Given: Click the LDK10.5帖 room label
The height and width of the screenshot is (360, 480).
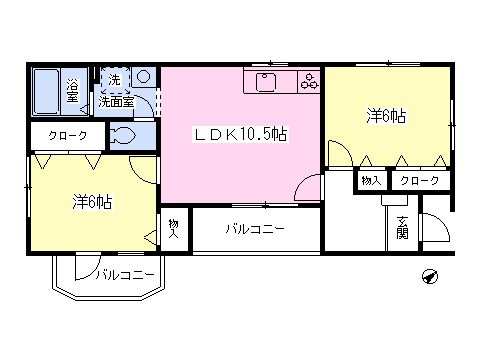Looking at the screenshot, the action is click(240, 134).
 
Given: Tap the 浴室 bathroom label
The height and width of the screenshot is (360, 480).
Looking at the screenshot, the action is click(72, 91).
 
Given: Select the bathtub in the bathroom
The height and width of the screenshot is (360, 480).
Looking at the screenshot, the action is click(46, 91).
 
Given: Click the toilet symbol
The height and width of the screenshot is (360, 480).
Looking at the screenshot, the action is click(122, 136).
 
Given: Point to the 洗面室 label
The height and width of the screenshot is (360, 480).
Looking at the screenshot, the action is click(116, 101).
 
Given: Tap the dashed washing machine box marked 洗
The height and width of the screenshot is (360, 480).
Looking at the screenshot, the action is click(115, 80).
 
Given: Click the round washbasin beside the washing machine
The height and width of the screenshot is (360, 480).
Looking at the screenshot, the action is click(144, 77).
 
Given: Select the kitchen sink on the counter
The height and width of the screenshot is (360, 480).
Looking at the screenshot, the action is click(265, 82).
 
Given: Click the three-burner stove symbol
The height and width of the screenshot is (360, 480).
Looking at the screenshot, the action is click(309, 82).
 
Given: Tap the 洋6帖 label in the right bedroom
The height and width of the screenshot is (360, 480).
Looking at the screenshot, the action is click(387, 117).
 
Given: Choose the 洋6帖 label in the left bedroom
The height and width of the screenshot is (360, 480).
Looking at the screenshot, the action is click(92, 202).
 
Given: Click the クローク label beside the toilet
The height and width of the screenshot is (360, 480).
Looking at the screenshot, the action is click(68, 136).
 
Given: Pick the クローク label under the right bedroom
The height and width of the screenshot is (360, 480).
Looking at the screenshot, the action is click(420, 181).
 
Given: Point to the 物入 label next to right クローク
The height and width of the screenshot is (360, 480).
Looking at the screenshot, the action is click(371, 181).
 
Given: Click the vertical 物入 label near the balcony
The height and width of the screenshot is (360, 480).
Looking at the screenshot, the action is click(174, 229).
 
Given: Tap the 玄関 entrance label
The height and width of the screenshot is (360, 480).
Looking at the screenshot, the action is click(403, 228).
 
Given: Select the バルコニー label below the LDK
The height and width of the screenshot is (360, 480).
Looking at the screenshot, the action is click(255, 229).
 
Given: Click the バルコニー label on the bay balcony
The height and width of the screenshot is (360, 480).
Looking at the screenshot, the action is click(125, 275).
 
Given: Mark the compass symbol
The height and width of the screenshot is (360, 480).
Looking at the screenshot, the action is click(430, 276).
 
